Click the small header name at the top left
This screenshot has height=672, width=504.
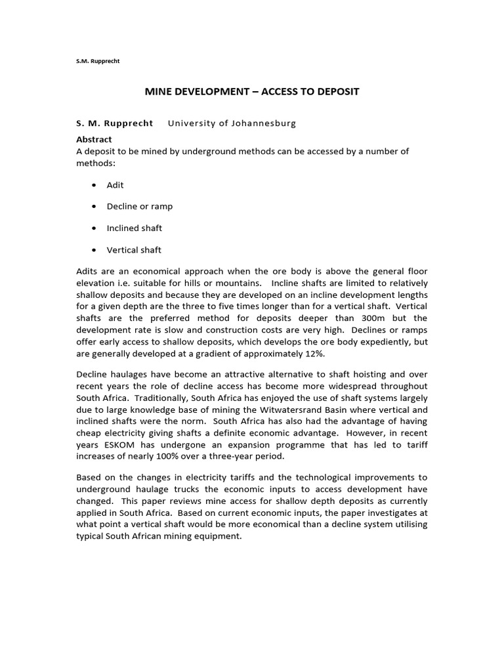(x=98, y=61)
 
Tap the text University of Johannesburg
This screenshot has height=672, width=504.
(x=232, y=123)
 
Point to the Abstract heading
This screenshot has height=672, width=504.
(x=94, y=139)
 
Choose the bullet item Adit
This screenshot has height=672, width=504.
(x=115, y=185)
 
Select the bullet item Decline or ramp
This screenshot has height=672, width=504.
(x=139, y=206)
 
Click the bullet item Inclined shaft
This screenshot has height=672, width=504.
(x=134, y=228)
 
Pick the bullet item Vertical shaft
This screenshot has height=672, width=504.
(x=133, y=249)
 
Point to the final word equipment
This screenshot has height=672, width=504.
(x=220, y=535)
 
